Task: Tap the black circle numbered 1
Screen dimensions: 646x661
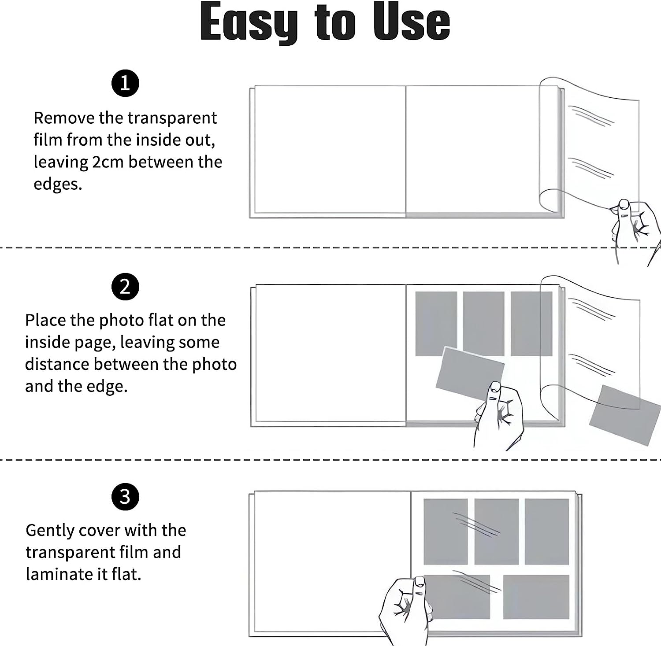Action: (125, 83)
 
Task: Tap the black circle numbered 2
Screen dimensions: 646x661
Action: (125, 287)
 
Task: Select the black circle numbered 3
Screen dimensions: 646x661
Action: (125, 497)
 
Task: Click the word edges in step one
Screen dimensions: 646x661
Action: (57, 184)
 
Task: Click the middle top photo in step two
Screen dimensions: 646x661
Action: (483, 324)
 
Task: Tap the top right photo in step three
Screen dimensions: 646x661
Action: (546, 532)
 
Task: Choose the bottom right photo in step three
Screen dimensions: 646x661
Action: (536, 597)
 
